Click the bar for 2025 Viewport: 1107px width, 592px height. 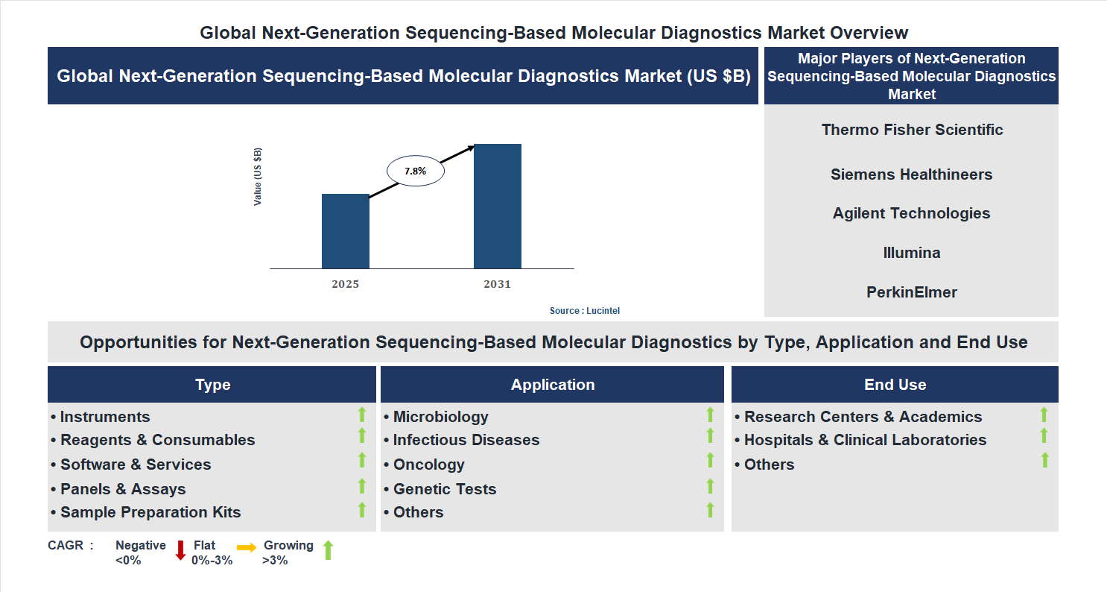[x=345, y=231]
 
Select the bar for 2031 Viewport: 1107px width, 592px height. [x=497, y=206]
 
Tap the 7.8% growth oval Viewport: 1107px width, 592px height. [x=415, y=171]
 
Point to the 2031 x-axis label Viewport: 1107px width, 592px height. [x=497, y=284]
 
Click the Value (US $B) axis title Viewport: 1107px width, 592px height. [x=258, y=177]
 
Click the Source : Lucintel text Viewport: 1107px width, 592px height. [x=584, y=310]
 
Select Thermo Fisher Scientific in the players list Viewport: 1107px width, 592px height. [x=912, y=130]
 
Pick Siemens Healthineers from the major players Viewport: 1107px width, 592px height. [x=912, y=174]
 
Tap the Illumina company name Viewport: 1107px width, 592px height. [x=912, y=253]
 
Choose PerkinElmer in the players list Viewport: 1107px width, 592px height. [x=912, y=292]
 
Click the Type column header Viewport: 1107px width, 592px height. [x=212, y=385]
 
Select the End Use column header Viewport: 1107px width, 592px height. [x=895, y=385]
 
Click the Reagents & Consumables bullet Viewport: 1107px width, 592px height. [x=157, y=440]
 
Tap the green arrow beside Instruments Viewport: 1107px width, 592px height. [x=362, y=415]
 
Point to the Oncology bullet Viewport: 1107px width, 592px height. [x=428, y=465]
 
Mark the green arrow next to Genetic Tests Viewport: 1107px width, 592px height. [x=710, y=486]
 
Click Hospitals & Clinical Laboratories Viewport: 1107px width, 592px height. [x=865, y=440]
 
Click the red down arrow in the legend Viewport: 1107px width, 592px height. [x=180, y=551]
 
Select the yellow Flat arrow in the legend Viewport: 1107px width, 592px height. [x=247, y=547]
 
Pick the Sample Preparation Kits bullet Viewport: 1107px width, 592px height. [x=150, y=512]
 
